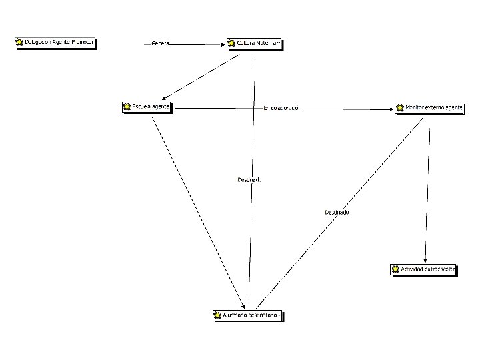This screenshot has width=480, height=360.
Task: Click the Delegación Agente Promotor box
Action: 55,43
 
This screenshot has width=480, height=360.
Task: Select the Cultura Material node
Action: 255,44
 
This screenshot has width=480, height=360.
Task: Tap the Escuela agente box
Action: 147,107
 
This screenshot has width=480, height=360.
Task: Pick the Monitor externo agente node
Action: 429,107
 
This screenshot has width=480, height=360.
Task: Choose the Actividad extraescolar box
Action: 423,269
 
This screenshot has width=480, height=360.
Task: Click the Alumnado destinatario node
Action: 248,315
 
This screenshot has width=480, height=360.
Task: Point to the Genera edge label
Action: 160,44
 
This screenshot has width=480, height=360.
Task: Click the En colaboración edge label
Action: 282,107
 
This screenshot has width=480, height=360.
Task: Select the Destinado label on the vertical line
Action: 249,179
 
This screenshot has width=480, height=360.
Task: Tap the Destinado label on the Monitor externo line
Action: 337,212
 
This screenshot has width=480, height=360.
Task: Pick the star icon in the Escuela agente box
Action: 127,107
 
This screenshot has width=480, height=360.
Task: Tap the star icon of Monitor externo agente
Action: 400,107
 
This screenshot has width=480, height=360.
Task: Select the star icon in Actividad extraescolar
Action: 395,269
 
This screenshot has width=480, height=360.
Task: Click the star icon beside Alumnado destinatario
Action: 217,315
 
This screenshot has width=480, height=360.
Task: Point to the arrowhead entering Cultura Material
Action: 224,45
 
